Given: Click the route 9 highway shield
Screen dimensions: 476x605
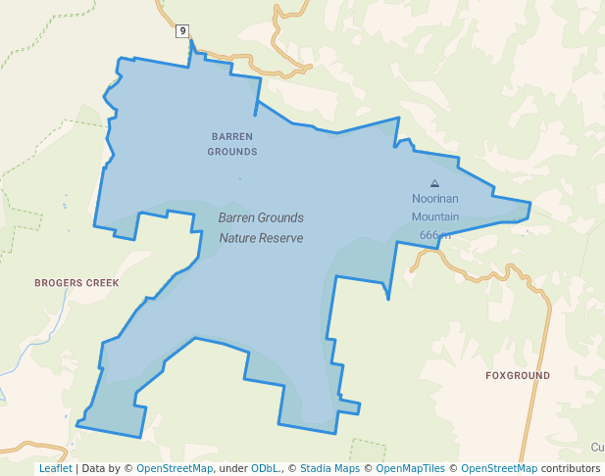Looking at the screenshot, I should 182,31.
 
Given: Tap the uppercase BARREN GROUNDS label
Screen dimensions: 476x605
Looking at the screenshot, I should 232,144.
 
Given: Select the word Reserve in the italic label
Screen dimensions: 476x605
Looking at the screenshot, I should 284,238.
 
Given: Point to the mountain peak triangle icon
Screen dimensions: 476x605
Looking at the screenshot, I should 435,183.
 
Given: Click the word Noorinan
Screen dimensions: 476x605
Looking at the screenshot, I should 435,199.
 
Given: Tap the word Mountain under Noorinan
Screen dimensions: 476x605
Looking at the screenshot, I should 435,217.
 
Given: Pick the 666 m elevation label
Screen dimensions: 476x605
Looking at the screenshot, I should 435,235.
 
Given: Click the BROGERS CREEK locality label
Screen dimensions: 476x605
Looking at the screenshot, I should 76,283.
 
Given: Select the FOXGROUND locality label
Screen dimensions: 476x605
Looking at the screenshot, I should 518,376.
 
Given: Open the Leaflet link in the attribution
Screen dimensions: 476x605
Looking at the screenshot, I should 56,468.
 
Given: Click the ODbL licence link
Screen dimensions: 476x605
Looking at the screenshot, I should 265,468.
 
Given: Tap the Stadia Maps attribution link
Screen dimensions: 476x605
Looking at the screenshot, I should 328,468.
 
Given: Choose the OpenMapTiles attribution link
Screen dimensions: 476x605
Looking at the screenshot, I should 411,468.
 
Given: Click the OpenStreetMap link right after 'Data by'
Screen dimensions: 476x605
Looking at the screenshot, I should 175,468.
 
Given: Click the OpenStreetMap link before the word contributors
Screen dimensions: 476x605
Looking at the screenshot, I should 499,468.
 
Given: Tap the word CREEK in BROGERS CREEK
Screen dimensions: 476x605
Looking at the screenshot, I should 102,283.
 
